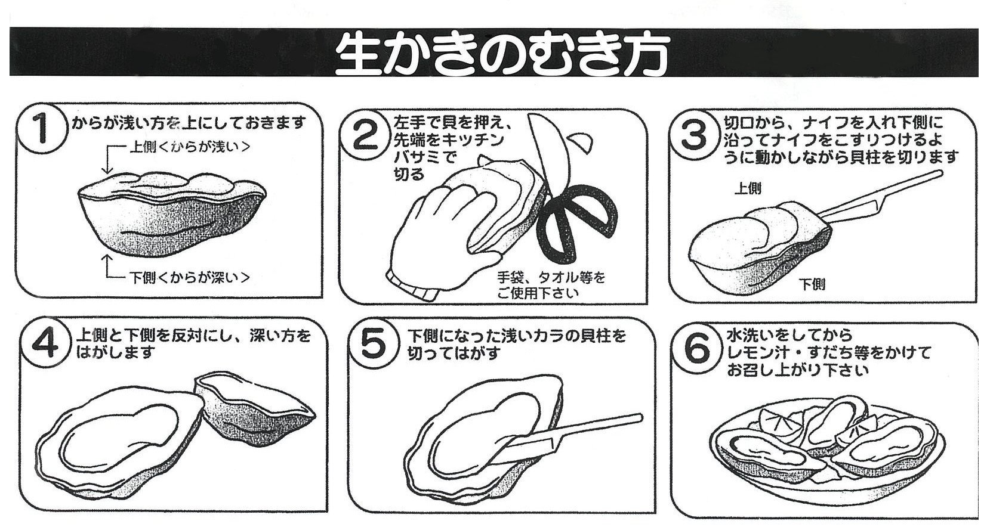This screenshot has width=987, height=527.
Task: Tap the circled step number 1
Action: pyautogui.click(x=42, y=128)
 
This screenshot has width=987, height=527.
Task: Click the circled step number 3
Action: pyautogui.click(x=693, y=135)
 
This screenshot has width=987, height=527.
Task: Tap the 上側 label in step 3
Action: pyautogui.click(x=748, y=188)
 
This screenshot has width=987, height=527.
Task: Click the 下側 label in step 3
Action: pyautogui.click(x=812, y=284)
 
